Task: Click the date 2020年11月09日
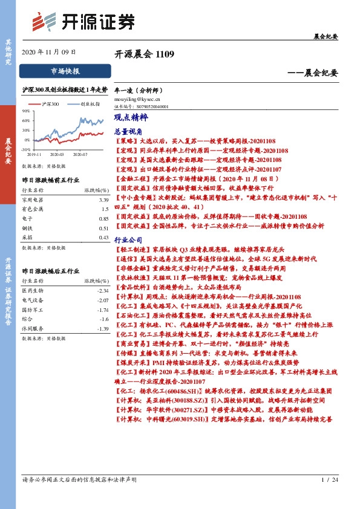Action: [x=49, y=52]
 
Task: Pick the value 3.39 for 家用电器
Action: [x=103, y=199]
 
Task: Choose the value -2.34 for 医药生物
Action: [x=102, y=291]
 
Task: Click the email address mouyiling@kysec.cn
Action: [x=137, y=97]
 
